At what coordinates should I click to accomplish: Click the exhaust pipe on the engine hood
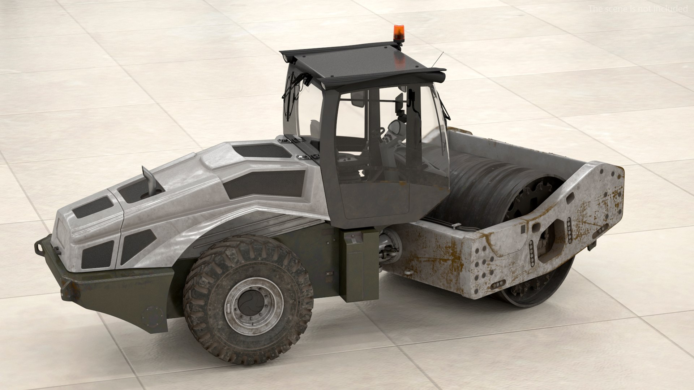click(x=149, y=181)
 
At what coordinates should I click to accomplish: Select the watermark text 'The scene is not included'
click(x=638, y=9)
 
